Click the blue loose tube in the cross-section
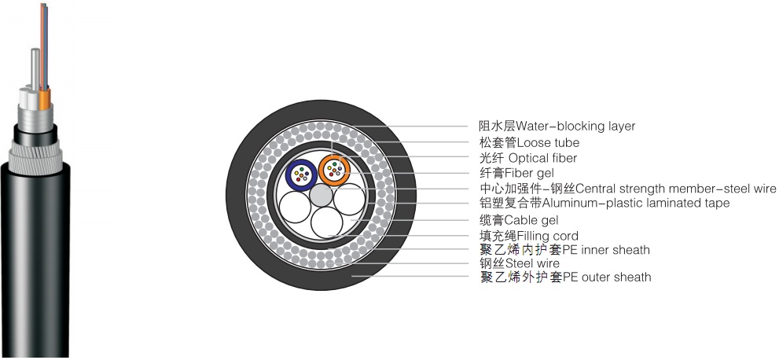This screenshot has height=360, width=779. point(300,173)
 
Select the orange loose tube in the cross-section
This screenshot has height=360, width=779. point(334,169)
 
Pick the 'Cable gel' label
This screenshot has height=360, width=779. point(519,220)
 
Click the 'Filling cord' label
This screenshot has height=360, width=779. point(528,236)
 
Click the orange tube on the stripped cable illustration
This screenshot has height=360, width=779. point(45,97)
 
